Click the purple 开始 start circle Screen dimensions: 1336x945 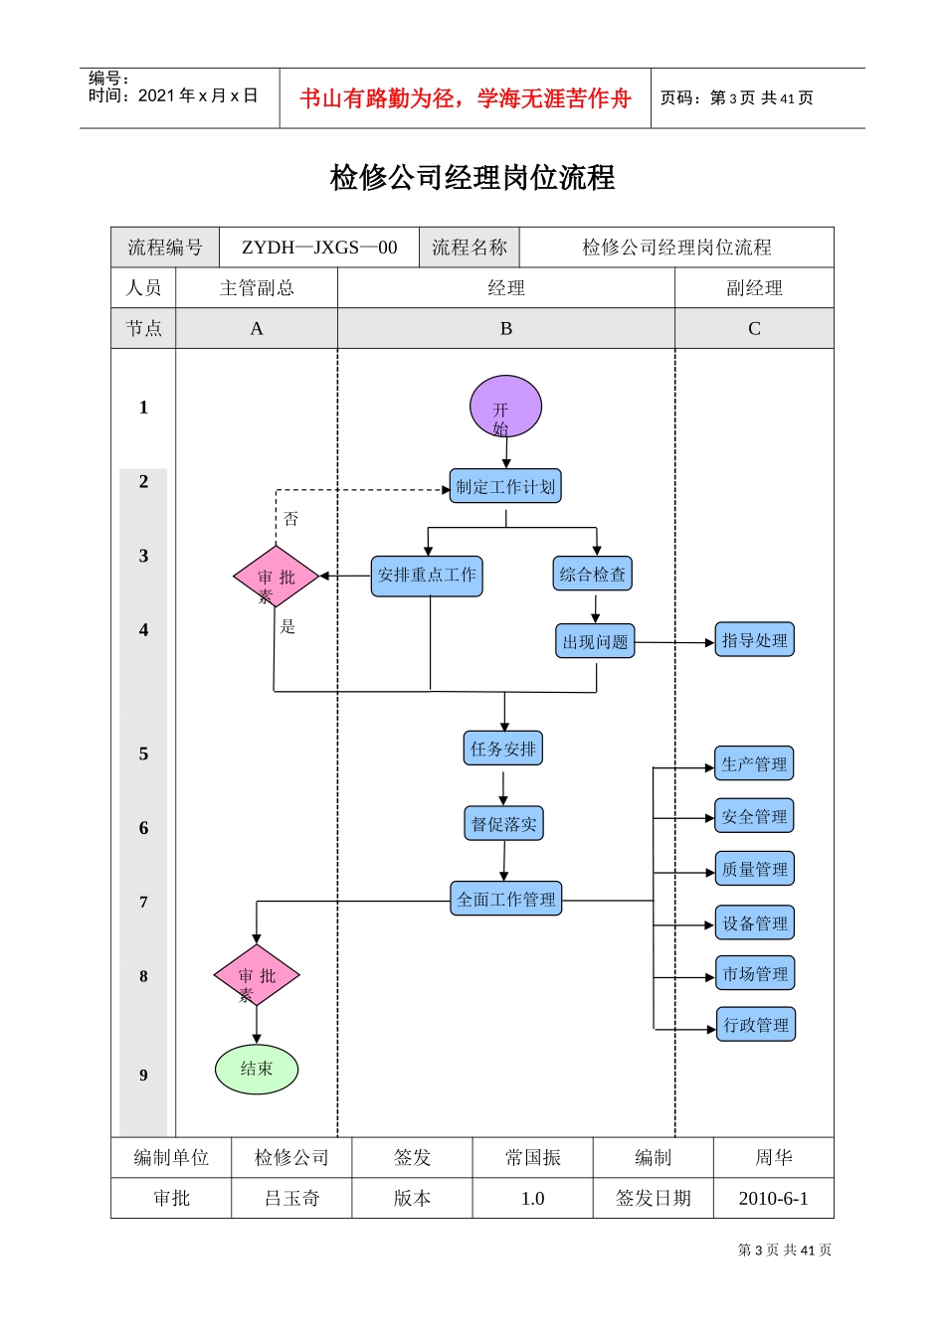[x=505, y=407]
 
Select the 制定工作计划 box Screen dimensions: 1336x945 [x=505, y=486]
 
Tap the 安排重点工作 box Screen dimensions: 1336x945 [x=427, y=576]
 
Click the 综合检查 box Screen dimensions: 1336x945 [x=593, y=574]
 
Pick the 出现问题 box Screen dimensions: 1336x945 [x=595, y=641]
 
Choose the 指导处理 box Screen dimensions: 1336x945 [x=754, y=640]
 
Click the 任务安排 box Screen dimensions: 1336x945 [x=503, y=749]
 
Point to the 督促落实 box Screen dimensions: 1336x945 [x=503, y=823]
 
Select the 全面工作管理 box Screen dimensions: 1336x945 [x=505, y=899]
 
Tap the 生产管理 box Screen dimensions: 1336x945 [x=754, y=763]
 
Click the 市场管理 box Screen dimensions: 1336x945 [x=754, y=974]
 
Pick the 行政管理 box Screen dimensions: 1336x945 [x=755, y=1025]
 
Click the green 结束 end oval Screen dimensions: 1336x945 [x=257, y=1069]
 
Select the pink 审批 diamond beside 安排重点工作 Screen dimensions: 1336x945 [x=276, y=577]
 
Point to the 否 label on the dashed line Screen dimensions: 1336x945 [x=290, y=519]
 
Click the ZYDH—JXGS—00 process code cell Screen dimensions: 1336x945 [x=319, y=248]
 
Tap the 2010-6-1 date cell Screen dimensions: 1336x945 [x=773, y=1198]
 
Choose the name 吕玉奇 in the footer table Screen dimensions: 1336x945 [x=291, y=1198]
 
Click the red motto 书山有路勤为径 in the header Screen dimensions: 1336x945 [x=466, y=98]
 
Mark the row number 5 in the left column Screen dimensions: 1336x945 [x=143, y=753]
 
